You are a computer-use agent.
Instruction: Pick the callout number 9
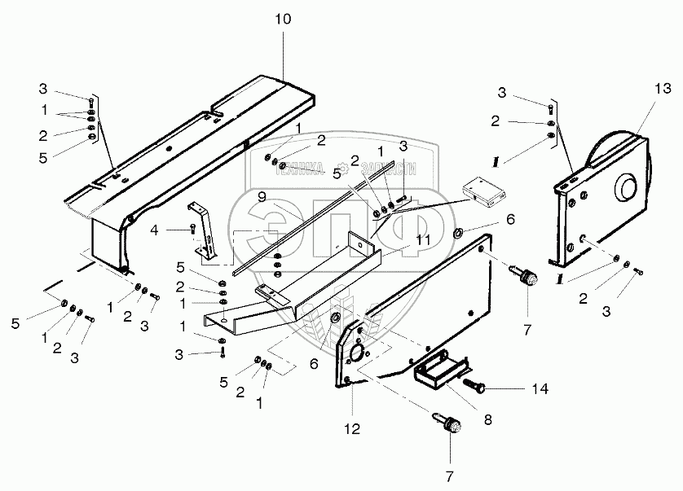[x=262, y=196]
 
